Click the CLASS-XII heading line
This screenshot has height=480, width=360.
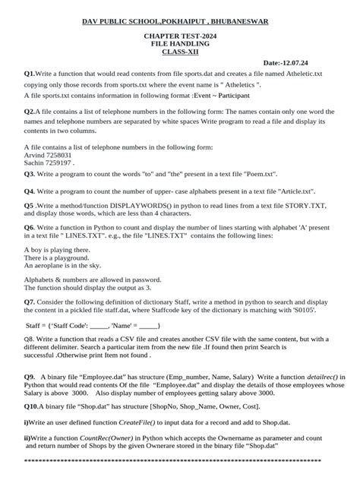[x=180, y=52]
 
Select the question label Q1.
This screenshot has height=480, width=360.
[x=31, y=73]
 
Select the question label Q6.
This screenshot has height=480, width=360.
[x=31, y=226]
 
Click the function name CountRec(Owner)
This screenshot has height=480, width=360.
[x=136, y=438]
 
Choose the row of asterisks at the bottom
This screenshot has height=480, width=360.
[x=180, y=462]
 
